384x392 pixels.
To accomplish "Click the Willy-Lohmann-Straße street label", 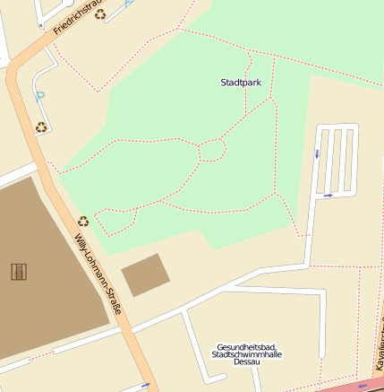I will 98,273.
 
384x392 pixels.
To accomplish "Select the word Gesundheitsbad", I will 245,346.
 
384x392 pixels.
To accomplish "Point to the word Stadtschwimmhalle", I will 245,354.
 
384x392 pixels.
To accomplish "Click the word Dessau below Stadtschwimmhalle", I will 245,362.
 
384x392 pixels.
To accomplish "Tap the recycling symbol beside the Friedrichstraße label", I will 100,13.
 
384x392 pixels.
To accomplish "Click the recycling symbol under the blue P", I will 41,127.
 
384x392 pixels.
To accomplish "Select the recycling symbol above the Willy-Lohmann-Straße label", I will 83,221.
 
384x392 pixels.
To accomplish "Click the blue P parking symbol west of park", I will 38,94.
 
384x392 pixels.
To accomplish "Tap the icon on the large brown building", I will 18,271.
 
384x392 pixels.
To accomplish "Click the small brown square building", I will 145,274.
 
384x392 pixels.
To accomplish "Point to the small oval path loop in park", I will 211,150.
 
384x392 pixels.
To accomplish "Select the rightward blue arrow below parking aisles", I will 329,195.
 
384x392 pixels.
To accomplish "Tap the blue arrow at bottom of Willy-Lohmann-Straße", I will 145,385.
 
